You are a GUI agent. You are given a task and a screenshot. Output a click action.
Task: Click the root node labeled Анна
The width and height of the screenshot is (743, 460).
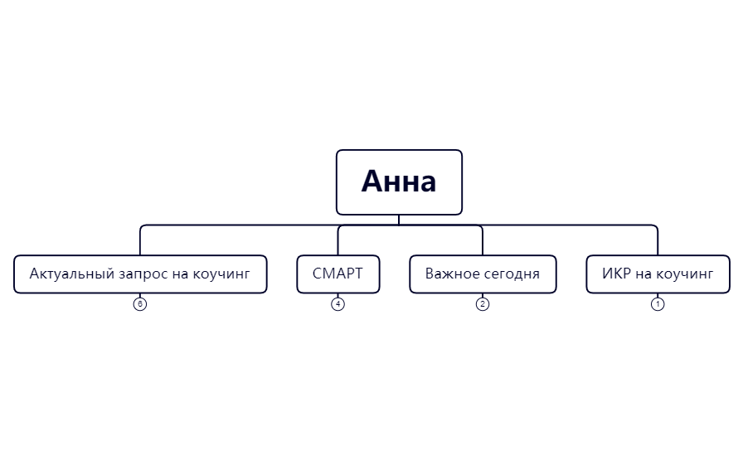coord(398,182)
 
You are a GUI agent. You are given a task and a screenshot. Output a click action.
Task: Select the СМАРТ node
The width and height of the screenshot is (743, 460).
coord(338,274)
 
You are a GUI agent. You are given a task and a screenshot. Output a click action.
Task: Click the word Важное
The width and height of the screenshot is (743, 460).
coord(452,274)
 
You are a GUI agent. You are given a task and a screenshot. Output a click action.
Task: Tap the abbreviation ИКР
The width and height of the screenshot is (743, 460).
coord(617,274)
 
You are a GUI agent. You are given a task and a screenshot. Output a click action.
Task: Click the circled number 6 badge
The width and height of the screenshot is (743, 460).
coord(140,304)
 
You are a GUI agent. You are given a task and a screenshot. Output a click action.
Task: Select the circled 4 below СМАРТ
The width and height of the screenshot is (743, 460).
coord(338,304)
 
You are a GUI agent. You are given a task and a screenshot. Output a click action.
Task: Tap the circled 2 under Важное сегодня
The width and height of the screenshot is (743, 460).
coord(483,304)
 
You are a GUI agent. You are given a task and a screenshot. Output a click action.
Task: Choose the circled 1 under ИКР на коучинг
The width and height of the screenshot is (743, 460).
coord(658,304)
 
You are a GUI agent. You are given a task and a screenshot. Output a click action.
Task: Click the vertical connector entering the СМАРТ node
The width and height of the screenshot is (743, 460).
coord(338,241)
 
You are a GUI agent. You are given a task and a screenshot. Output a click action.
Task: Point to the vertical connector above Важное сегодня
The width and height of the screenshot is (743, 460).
coord(483,241)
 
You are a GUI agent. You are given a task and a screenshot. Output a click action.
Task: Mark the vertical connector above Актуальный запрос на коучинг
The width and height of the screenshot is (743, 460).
coord(140,241)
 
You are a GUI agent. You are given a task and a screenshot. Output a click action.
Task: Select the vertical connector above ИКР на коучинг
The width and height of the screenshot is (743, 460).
coord(658,241)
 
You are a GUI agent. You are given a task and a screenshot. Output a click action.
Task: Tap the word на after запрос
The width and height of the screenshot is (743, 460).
coord(181,274)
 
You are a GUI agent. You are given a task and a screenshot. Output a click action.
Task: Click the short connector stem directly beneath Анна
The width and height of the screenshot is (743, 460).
coord(399,220)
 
